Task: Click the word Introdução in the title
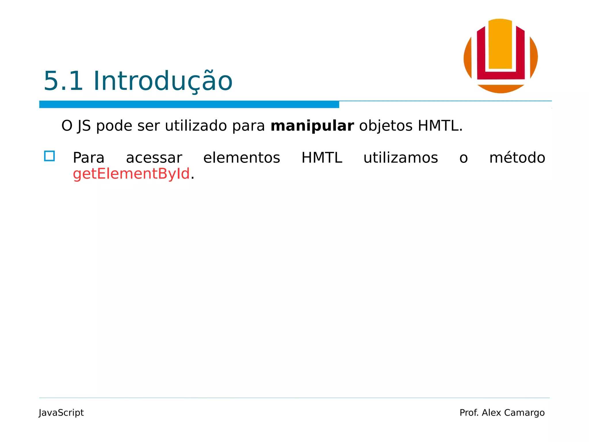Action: [163, 81]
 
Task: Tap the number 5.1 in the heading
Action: [63, 81]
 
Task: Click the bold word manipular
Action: [312, 126]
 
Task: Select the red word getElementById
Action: [131, 174]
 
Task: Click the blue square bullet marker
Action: [49, 156]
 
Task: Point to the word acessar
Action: [154, 158]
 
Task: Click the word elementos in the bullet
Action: [242, 158]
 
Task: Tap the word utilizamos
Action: [401, 158]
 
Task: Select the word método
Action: [517, 157]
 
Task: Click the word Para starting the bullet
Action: [89, 158]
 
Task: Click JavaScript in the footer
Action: [61, 413]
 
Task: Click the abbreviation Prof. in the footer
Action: [469, 413]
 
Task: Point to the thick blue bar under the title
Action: [189, 104]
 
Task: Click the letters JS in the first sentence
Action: [84, 126]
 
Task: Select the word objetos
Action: [386, 126]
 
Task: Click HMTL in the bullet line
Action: [322, 158]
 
